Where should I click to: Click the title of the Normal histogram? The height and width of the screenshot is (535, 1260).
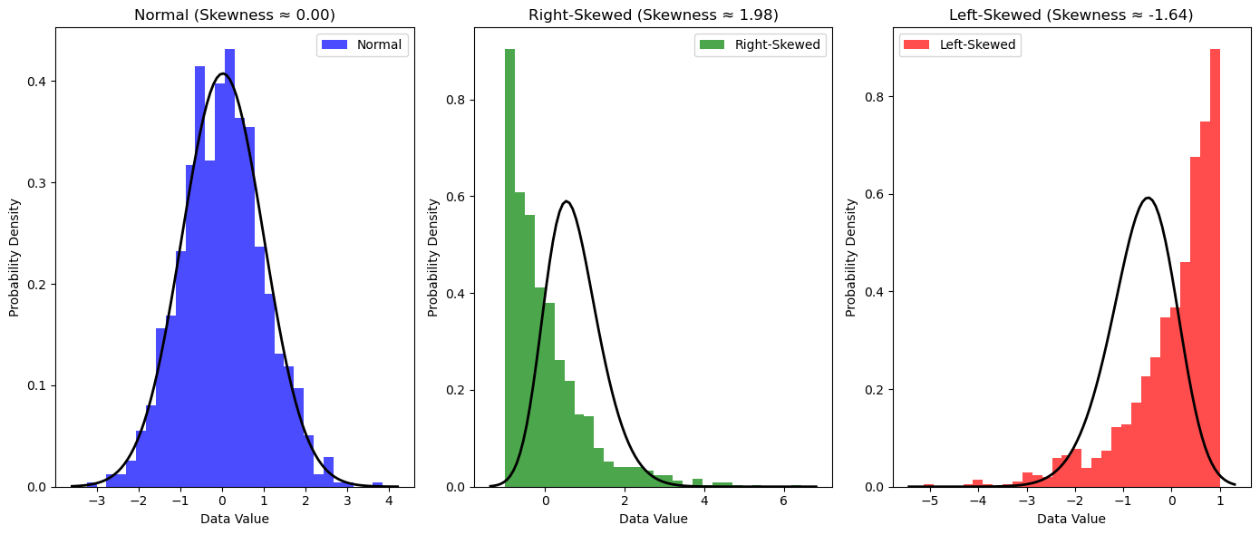coord(234,15)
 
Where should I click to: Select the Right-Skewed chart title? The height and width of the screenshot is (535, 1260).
coord(653,15)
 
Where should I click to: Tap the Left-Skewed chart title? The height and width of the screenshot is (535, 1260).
coord(1071,15)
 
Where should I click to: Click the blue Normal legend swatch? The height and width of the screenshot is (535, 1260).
coord(334,45)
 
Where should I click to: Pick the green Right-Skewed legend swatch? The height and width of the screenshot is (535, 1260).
coord(712,45)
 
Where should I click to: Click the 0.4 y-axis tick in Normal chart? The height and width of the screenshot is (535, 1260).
coord(40,82)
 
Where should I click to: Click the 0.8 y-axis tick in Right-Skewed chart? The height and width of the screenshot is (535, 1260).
coord(459,100)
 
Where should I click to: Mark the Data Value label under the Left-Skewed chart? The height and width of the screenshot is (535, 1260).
coord(1071,519)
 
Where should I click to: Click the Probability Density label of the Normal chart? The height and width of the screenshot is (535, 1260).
coord(15,257)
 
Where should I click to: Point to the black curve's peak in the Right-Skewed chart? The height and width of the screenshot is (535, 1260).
coord(567,201)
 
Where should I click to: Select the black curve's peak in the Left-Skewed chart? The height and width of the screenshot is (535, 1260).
coord(1148,198)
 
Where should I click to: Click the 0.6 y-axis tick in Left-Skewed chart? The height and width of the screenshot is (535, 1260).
coord(877,194)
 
